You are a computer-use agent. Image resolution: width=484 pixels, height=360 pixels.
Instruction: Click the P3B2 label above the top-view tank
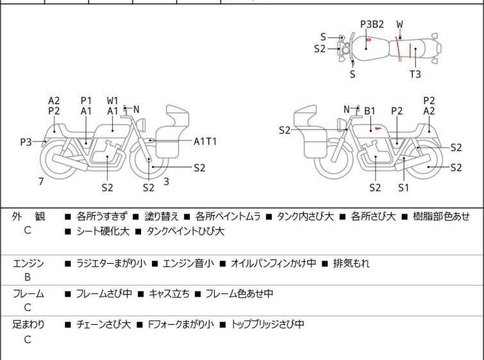coord(372,24)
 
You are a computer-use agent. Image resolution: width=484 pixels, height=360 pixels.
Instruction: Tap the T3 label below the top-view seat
coord(415,74)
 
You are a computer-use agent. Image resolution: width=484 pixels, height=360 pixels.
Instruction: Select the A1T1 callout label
coord(205,141)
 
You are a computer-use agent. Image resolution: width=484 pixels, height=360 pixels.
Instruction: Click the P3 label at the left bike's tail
coord(26,142)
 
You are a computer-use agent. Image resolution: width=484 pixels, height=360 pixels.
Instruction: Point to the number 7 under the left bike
coord(41,182)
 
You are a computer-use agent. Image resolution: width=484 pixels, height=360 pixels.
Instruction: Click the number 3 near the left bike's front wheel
coord(166,182)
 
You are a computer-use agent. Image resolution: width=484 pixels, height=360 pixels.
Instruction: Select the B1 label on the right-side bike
coord(370,111)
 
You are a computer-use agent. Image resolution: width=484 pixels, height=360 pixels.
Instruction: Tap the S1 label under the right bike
coord(403,188)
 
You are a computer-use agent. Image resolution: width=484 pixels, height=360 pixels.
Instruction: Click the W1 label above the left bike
coord(113,101)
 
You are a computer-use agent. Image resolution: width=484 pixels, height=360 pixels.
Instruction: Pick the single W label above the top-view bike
coord(399,24)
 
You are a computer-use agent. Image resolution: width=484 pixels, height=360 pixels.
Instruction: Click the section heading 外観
coord(28,217)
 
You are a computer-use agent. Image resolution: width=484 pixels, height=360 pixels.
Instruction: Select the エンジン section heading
coord(28,263)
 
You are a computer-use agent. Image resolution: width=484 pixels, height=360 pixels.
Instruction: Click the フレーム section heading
coord(28,294)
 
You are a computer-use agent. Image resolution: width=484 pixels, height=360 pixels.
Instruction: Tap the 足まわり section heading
coord(28,325)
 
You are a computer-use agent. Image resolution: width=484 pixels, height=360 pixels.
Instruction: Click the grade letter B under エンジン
coord(28,277)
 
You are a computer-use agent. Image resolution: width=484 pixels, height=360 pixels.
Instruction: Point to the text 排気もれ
coord(351,263)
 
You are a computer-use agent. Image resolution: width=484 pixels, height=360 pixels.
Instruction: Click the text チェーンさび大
coord(102,325)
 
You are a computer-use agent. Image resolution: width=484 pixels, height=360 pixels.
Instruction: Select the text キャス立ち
coord(169,294)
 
